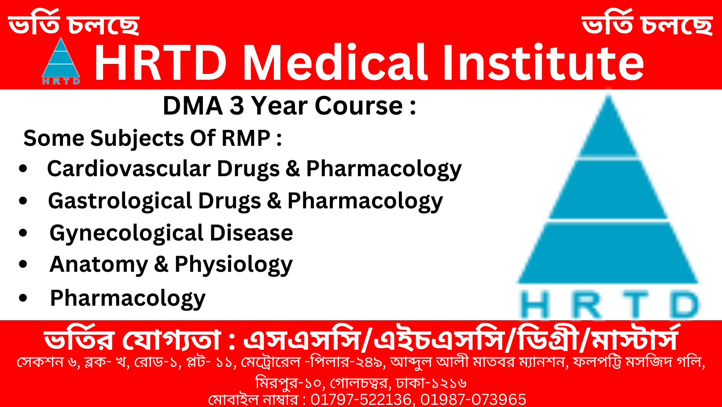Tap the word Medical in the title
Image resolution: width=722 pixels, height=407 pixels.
coord(335,63)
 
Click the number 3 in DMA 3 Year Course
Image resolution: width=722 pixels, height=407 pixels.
coord(237,106)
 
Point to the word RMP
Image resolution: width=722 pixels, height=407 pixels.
coord(246,138)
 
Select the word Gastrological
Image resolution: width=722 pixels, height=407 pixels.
coord(119,201)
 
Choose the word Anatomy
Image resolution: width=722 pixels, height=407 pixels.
coord(99,265)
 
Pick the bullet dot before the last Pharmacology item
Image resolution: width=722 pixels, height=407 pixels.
coord(23,298)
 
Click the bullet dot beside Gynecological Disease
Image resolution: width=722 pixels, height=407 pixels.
coord(23,233)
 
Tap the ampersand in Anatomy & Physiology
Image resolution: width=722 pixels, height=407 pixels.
coord(161,265)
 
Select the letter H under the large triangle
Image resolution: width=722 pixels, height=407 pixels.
coord(534,305)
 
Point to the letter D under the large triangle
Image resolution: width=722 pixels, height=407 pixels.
coord(684,305)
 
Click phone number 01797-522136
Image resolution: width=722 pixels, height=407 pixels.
coord(361,400)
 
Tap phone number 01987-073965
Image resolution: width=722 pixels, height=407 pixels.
coord(473,400)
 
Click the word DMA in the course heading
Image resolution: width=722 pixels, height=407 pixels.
coord(193,106)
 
